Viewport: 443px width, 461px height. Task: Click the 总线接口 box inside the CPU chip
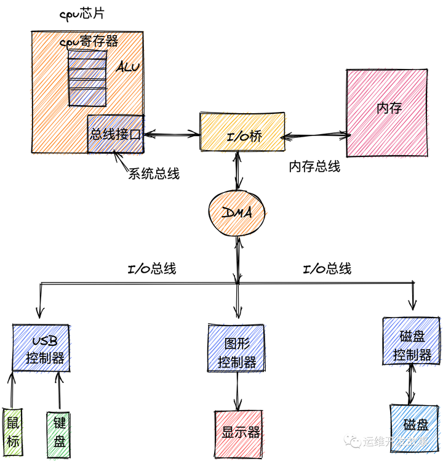click(x=116, y=134)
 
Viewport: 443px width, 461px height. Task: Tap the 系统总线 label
click(x=154, y=174)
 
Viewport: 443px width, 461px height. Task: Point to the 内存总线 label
click(x=314, y=167)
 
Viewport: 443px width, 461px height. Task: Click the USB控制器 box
click(x=41, y=348)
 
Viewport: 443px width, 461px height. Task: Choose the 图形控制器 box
click(x=237, y=348)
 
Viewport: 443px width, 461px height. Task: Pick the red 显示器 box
click(x=237, y=433)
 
